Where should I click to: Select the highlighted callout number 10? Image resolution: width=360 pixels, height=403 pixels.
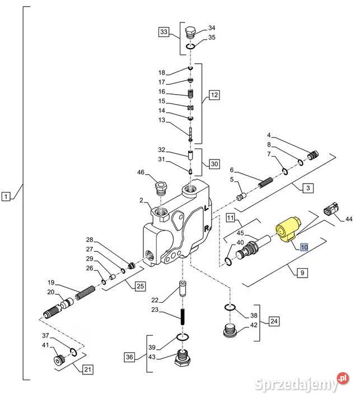303,247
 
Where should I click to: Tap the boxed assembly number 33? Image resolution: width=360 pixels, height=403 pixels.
163,32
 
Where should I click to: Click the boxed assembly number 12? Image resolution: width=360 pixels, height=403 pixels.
215,95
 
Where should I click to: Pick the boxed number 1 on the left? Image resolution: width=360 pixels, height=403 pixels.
6,196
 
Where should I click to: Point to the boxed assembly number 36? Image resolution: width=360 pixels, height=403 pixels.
129,357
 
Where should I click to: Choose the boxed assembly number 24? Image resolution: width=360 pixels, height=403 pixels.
274,321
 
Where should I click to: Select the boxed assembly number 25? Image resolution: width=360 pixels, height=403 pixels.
139,286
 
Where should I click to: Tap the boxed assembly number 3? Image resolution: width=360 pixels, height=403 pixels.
308,189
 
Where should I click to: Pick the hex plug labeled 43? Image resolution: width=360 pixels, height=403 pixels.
183,359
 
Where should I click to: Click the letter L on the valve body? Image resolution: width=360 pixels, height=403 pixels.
207,208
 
